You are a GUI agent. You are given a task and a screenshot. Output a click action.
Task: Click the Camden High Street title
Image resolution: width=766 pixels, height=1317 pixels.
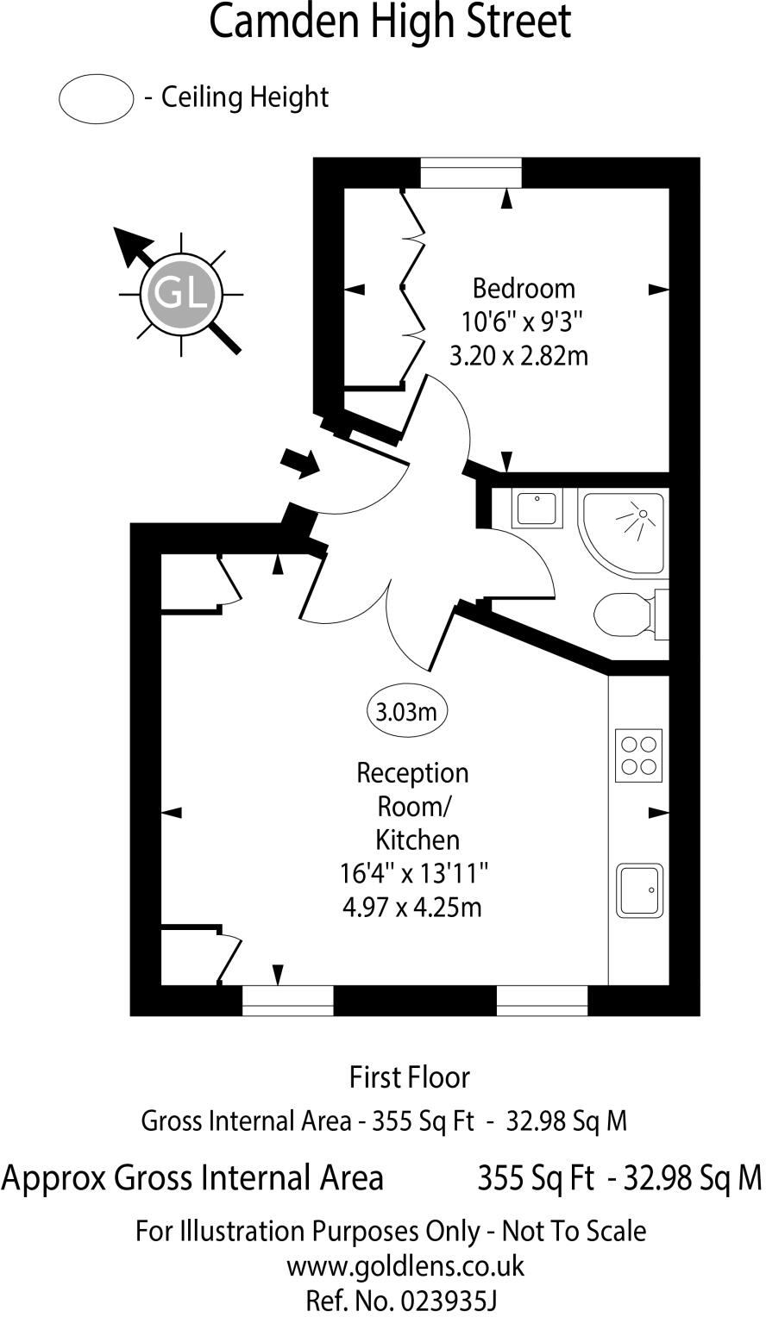[390, 22]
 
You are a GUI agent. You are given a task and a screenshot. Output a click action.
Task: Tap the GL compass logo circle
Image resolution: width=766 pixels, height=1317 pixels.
[181, 293]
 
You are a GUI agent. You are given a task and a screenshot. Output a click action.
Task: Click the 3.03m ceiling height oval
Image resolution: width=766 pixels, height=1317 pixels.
[406, 712]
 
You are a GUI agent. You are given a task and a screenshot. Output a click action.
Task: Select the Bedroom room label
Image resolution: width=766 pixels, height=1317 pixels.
[524, 289]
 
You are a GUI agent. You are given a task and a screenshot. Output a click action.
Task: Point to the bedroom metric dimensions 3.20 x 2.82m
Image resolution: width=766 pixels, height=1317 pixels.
[518, 356]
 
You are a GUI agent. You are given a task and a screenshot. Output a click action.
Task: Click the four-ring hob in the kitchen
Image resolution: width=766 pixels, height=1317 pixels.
[638, 756]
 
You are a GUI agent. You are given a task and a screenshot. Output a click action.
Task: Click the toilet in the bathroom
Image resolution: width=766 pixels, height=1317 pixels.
[631, 615]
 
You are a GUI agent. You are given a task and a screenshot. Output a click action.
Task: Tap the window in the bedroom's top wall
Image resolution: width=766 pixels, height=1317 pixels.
[471, 173]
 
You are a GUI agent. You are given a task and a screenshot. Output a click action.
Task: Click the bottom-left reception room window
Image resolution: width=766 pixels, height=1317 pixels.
[288, 1000]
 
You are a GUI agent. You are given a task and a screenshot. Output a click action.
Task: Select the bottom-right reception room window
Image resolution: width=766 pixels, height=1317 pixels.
[543, 1000]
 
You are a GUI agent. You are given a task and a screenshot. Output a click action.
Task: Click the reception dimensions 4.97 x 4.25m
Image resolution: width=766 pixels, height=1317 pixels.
[411, 908]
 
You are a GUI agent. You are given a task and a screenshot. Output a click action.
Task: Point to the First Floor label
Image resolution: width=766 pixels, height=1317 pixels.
[410, 1077]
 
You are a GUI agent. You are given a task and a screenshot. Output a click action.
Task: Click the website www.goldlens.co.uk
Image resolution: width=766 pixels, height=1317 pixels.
[405, 1266]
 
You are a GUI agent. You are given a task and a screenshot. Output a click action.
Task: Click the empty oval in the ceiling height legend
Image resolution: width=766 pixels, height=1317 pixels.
[96, 99]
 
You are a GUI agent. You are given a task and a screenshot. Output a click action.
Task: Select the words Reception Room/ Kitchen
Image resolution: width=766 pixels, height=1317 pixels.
[412, 807]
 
